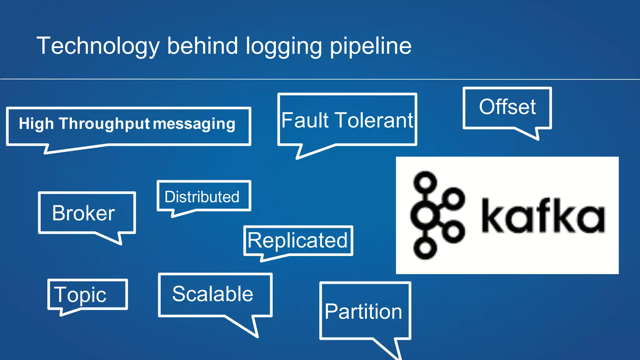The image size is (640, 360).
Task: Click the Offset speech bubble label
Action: point(507,107)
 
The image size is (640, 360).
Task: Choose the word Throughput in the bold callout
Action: point(104,124)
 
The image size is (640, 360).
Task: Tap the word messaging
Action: point(194,124)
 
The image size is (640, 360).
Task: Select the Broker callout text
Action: point(83,213)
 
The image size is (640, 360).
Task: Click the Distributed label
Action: point(202,197)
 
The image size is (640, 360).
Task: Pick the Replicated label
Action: point(297,240)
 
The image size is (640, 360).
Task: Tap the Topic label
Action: point(80,295)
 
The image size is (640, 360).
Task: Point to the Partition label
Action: point(363,312)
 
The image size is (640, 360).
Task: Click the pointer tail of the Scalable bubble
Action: point(248,327)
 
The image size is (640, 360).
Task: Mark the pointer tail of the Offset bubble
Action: point(531,133)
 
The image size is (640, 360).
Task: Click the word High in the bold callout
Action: point(36,124)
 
